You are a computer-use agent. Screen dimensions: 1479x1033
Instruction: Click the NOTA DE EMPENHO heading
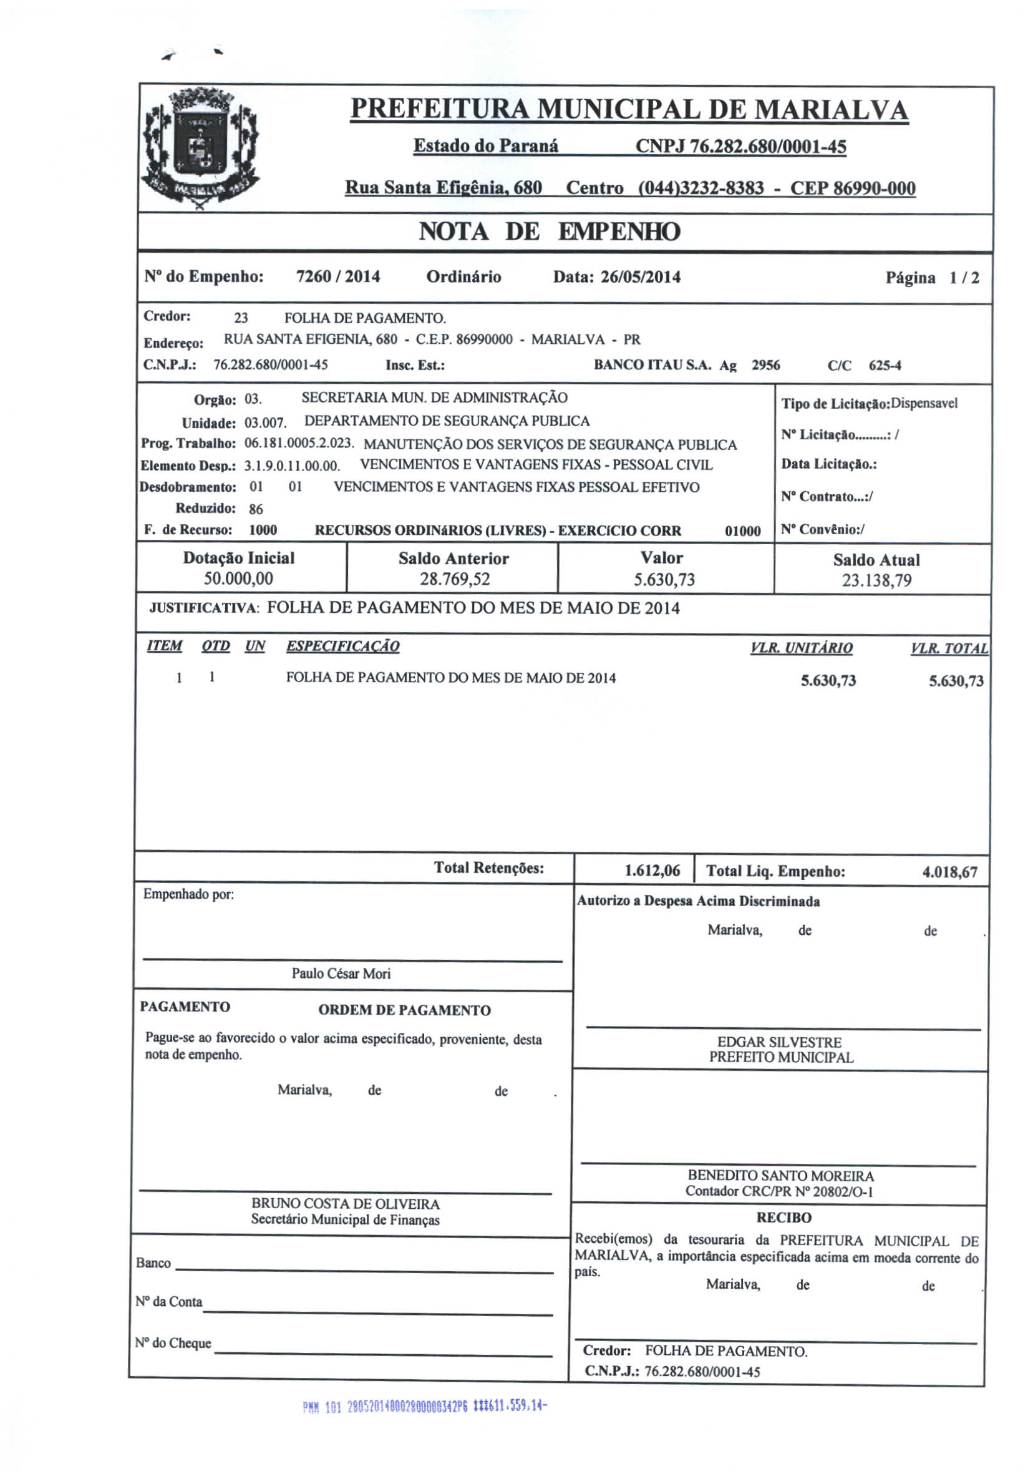tap(549, 232)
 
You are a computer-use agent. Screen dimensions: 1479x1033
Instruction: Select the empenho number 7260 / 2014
tap(338, 277)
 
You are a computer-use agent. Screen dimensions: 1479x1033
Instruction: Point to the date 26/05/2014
tap(640, 277)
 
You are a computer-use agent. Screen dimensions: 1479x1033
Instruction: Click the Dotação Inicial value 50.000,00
tap(238, 578)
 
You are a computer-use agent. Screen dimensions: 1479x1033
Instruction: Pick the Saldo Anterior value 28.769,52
tap(455, 579)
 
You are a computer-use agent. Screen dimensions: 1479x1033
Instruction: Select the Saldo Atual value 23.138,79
tap(876, 580)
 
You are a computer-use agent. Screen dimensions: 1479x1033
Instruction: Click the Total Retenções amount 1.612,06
tap(652, 871)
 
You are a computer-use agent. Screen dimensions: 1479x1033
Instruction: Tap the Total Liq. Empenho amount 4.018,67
tap(949, 872)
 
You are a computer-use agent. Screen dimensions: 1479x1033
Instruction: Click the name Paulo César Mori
tap(341, 974)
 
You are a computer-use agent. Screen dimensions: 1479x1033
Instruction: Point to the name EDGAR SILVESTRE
tap(779, 1042)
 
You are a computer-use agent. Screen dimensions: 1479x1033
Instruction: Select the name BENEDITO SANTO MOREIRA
tap(780, 1176)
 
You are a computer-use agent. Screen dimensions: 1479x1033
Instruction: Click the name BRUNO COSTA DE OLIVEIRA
tap(345, 1203)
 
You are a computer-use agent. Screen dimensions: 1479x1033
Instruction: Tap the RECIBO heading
tap(783, 1218)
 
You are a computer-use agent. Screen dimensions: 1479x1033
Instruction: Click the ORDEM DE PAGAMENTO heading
tap(404, 1010)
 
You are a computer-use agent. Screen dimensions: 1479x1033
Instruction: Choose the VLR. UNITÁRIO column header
tap(801, 648)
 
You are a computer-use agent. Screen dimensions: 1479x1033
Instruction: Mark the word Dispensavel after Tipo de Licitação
tap(924, 403)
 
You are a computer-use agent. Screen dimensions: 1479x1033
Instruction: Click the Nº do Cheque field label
tap(173, 1343)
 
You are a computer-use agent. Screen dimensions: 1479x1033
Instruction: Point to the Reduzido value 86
tap(256, 509)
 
